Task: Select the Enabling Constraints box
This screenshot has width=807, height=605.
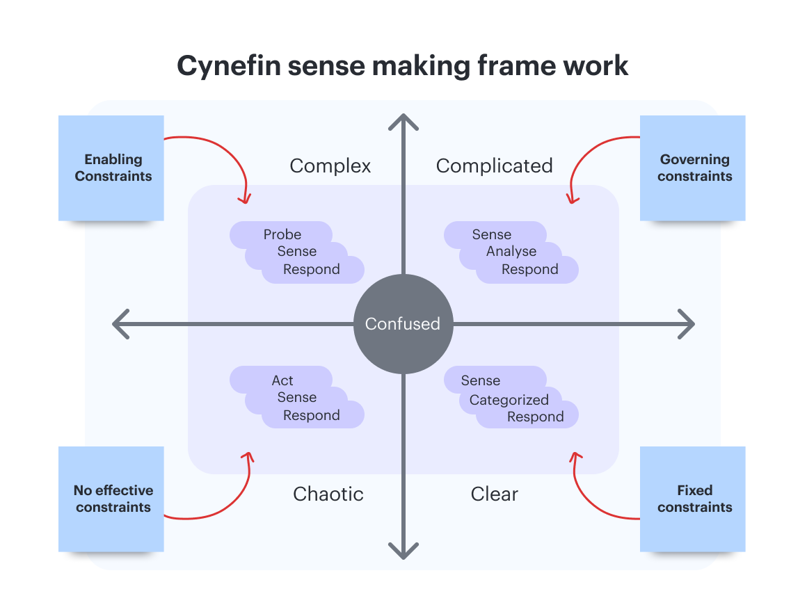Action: click(111, 168)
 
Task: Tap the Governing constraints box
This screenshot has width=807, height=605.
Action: click(692, 168)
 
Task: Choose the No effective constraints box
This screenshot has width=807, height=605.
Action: click(111, 499)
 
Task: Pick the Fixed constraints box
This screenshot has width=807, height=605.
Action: click(692, 499)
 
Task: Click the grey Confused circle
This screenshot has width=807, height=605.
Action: click(403, 324)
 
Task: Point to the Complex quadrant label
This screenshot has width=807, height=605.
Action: click(330, 166)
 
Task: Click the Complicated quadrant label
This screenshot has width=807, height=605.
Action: click(494, 166)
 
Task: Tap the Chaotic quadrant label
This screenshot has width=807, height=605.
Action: click(328, 494)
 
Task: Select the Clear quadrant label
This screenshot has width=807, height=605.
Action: click(494, 494)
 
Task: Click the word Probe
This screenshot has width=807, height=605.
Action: click(282, 234)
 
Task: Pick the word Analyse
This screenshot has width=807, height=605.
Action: click(511, 252)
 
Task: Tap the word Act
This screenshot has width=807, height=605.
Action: click(282, 380)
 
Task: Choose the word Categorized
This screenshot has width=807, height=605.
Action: click(509, 400)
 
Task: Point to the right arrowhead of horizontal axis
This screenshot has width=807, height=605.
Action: click(688, 324)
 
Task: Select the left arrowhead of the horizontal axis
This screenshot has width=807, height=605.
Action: click(120, 324)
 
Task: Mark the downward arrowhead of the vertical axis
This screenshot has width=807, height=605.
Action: click(403, 551)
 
